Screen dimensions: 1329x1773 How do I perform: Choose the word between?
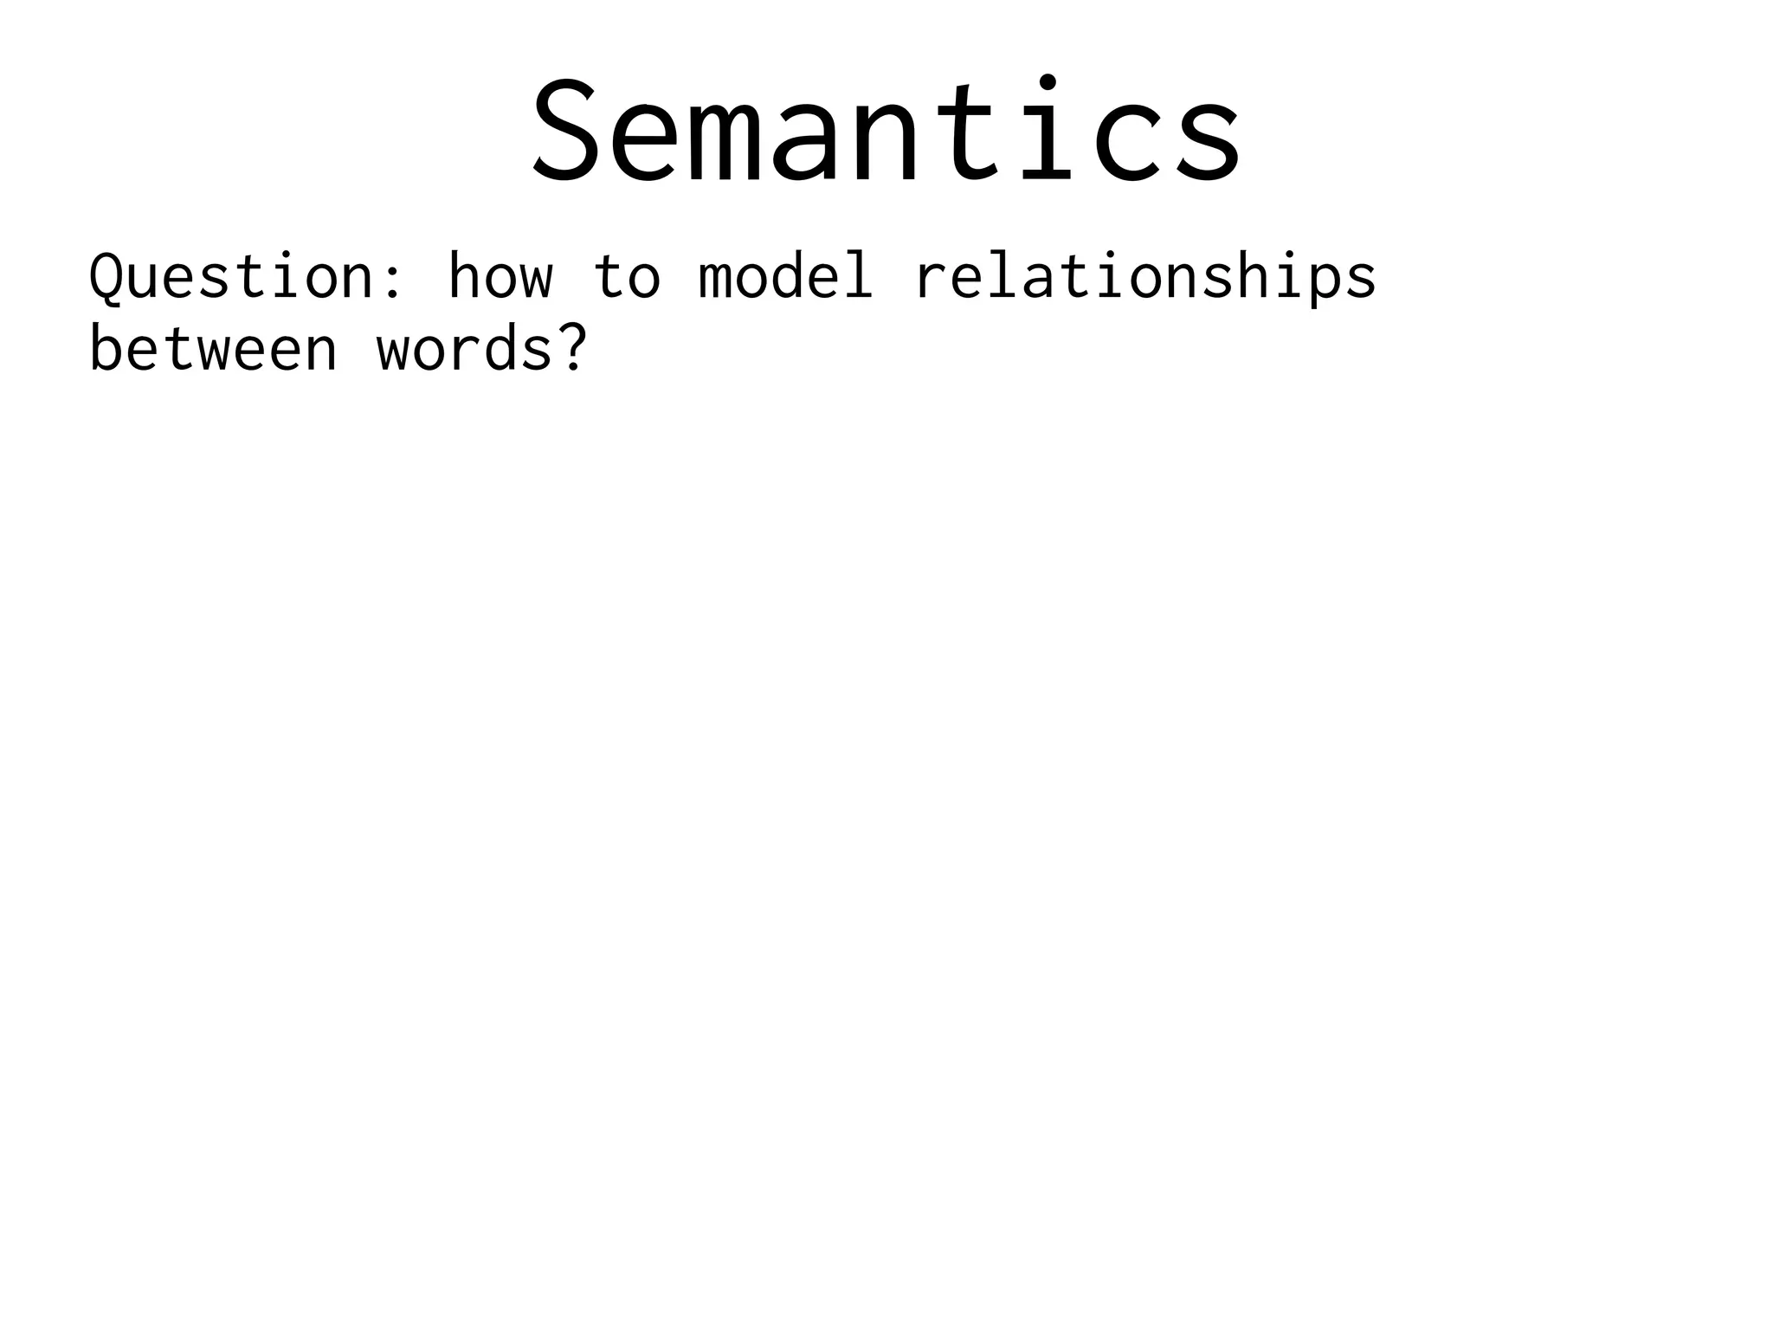[x=213, y=350]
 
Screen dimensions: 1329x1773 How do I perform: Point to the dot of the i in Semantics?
[x=1047, y=81]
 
